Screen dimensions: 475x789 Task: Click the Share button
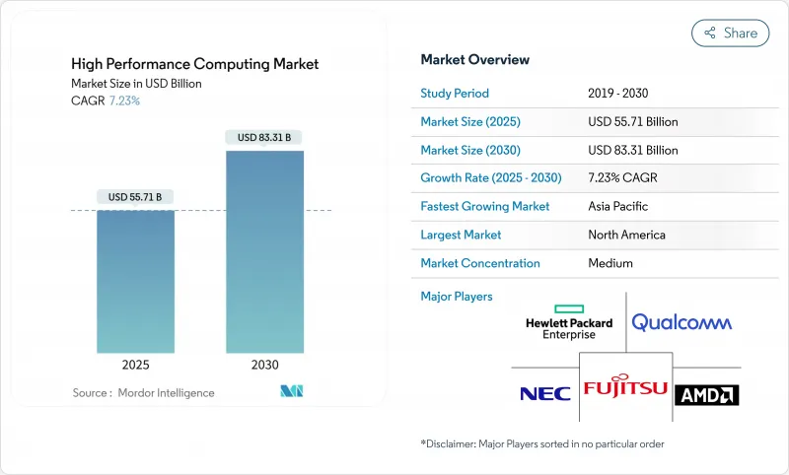(731, 33)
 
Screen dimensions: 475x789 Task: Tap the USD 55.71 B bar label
(135, 197)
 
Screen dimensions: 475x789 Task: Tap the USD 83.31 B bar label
(264, 138)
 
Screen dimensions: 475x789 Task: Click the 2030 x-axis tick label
(264, 365)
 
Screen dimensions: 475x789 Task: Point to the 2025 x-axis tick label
(135, 365)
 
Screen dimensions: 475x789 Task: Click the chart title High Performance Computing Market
(194, 64)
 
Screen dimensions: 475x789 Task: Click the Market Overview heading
(474, 59)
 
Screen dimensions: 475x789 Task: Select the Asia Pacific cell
(618, 207)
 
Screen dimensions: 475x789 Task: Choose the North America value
(626, 235)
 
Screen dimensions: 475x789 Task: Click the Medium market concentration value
(610, 263)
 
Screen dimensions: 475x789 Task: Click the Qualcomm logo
(681, 322)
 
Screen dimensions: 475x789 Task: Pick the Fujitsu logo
(625, 388)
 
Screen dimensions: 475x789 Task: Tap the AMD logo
(706, 395)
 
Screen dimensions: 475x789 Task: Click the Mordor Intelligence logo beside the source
(291, 392)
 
